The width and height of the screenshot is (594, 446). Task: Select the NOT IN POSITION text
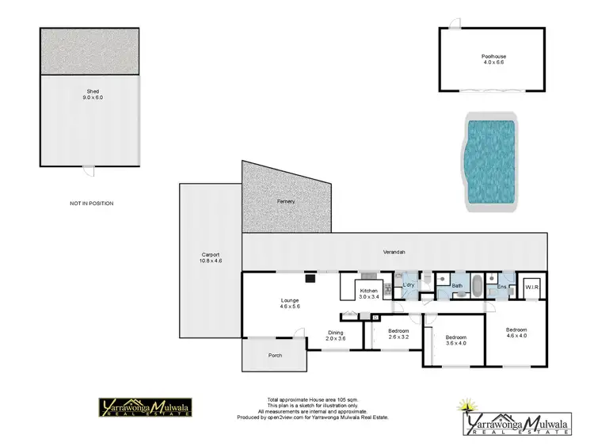92,204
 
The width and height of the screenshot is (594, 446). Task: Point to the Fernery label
286,201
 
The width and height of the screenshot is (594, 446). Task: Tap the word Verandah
394,252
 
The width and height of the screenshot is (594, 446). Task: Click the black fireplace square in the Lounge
311,278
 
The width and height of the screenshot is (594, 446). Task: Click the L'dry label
409,284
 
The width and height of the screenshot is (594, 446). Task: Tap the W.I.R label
531,288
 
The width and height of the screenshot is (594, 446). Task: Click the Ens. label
501,287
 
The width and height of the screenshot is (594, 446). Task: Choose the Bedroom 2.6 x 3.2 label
398,333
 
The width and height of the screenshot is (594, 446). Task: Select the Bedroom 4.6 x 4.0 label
516,331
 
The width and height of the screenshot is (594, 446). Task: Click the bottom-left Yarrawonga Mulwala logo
143,407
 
